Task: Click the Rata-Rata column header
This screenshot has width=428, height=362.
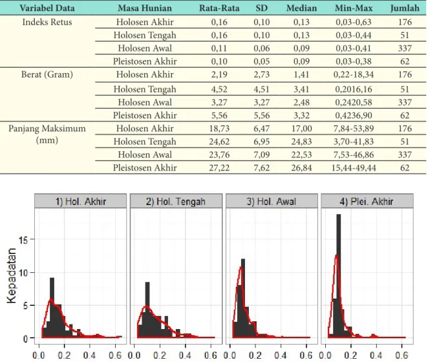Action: (x=219, y=8)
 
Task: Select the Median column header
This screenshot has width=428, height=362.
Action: (x=302, y=8)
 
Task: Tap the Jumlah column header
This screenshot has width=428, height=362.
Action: (x=405, y=8)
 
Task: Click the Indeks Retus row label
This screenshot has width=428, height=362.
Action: (x=47, y=22)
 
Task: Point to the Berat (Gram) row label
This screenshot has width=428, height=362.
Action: (x=47, y=74)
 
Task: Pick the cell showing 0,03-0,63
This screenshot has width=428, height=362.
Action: (x=354, y=22)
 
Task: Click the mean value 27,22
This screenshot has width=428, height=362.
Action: (x=219, y=167)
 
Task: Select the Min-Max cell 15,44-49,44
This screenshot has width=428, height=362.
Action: (x=354, y=167)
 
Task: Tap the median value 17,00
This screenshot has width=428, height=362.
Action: (x=302, y=128)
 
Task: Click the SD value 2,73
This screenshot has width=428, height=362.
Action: (x=261, y=74)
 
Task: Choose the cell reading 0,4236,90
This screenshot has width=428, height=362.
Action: (x=354, y=115)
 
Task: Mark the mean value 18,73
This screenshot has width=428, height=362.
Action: (x=219, y=128)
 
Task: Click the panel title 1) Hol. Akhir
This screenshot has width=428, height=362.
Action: (x=81, y=202)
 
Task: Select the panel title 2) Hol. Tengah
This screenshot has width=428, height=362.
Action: (x=176, y=202)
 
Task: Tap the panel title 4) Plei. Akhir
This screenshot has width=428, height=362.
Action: (x=367, y=202)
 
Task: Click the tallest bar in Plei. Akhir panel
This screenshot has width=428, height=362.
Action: (x=339, y=276)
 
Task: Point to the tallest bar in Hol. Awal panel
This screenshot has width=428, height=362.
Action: (x=243, y=298)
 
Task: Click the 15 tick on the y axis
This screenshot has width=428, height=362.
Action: (x=23, y=240)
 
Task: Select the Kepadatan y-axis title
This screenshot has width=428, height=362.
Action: (x=12, y=275)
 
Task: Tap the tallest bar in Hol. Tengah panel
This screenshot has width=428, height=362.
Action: (x=147, y=310)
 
